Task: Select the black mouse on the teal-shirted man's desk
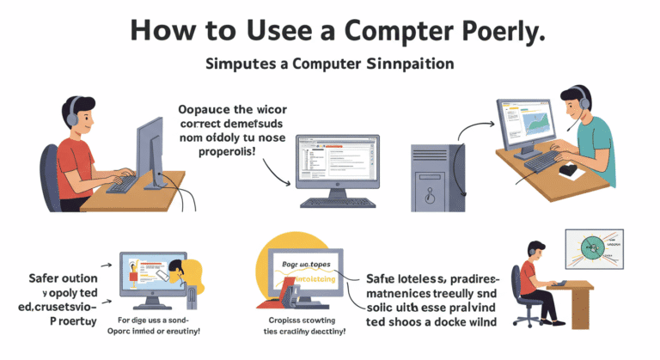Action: [567, 169]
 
